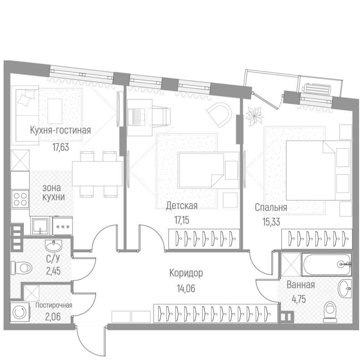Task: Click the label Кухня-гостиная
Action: (x=60, y=130)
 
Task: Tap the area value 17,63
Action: (x=61, y=147)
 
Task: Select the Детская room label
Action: (x=181, y=205)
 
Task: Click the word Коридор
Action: (x=186, y=273)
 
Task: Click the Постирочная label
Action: (x=54, y=305)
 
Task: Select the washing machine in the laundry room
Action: (x=17, y=313)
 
